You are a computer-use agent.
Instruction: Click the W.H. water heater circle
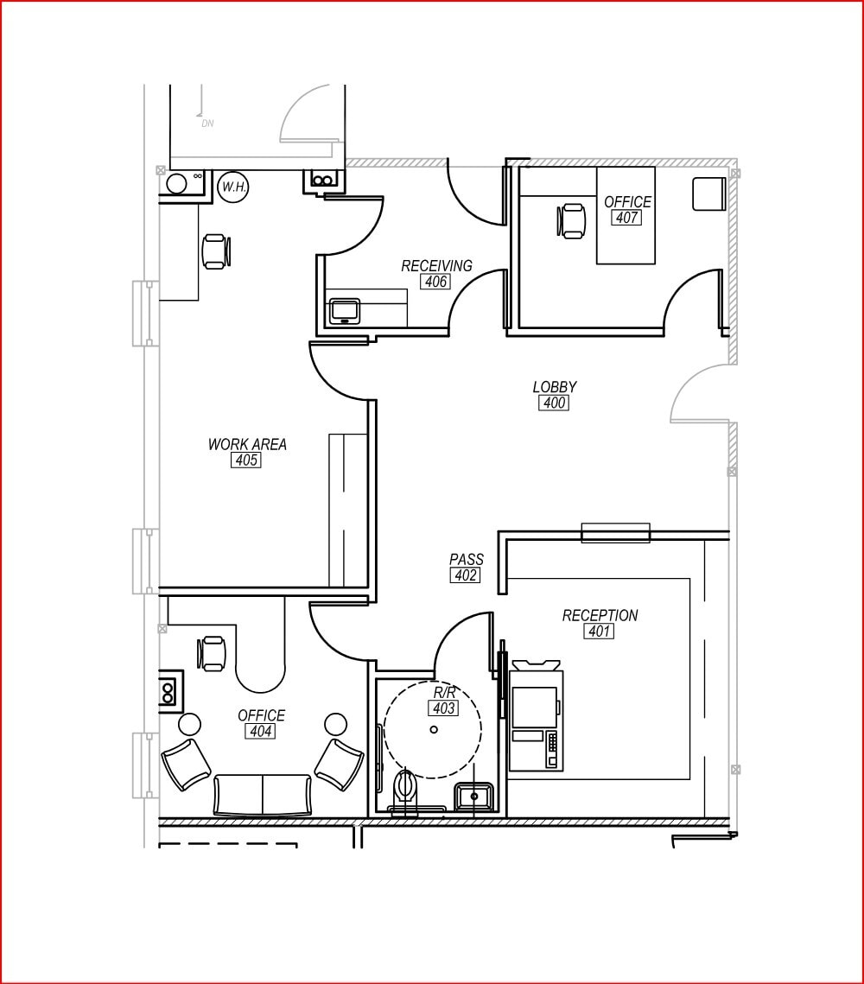[234, 187]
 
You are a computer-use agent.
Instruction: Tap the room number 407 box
[626, 218]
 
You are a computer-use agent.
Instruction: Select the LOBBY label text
[555, 387]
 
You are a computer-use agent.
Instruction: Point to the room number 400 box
[554, 403]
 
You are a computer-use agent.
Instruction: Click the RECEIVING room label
[436, 266]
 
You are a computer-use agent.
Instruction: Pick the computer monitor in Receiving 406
[345, 312]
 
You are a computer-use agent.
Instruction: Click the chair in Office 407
[570, 221]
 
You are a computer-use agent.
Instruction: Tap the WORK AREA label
[247, 444]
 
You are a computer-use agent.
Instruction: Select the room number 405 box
[246, 460]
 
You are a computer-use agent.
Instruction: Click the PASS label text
[467, 559]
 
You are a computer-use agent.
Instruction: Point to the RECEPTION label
[600, 616]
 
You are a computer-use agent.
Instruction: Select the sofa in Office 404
[263, 795]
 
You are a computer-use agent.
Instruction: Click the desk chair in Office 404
[211, 653]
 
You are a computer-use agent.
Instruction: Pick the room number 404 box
[260, 731]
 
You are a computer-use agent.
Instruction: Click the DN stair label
[207, 124]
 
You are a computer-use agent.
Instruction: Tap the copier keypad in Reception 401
[551, 749]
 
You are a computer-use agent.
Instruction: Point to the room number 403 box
[443, 708]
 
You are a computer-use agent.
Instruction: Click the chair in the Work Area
[216, 251]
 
